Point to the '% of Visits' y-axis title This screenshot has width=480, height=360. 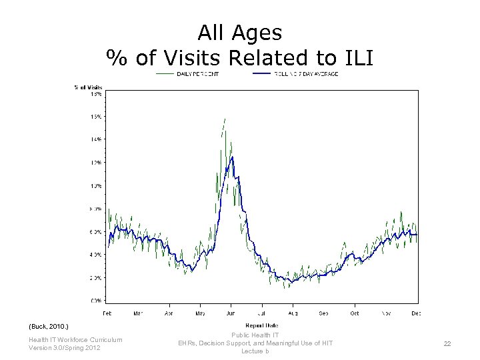pos(88,87)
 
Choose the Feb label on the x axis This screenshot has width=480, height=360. pos(107,312)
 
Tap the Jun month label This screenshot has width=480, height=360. pos(231,312)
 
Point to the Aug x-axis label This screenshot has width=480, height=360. pos(293,312)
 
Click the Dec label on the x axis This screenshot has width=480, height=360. pos(416,312)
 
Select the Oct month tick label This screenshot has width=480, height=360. pos(355,312)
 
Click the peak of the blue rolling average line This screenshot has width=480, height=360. pos(231,157)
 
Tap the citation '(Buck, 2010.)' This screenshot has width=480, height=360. pos(49,327)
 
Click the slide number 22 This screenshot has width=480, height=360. pos(447,343)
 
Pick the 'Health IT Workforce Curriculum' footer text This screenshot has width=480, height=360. pos(75,340)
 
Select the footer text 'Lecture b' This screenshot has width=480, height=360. pos(255,351)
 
